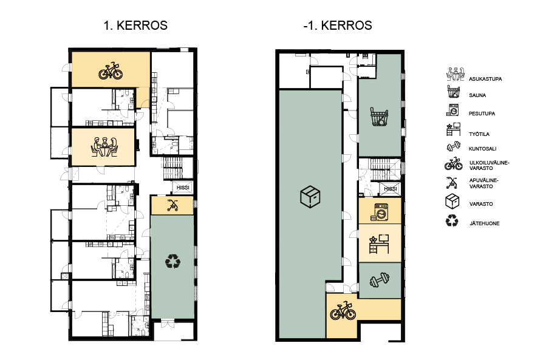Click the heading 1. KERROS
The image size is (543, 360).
click(x=135, y=25)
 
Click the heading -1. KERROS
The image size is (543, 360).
click(x=338, y=25)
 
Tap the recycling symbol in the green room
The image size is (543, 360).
click(x=173, y=261)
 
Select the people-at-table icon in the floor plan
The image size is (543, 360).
click(x=104, y=147)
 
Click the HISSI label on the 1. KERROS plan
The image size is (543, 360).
click(x=183, y=188)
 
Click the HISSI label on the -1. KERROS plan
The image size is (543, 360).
click(x=391, y=189)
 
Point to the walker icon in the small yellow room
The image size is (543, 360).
click(x=172, y=205)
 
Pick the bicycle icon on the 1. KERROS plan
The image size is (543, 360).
click(x=111, y=70)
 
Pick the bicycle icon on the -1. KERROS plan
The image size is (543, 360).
click(x=343, y=310)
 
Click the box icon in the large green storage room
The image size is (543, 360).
click(x=310, y=197)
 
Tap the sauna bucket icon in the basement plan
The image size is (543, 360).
click(x=380, y=117)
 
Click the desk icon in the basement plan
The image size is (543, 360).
click(x=379, y=243)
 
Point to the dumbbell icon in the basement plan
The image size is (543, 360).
click(x=380, y=280)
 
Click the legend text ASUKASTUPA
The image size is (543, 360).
click(x=485, y=79)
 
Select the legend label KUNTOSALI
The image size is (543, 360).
click(x=482, y=149)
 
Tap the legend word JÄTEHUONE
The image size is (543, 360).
click(x=485, y=223)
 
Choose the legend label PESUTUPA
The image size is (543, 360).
click(x=482, y=114)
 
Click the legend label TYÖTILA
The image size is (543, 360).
click(x=479, y=134)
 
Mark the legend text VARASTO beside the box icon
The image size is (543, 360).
click(x=481, y=204)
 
